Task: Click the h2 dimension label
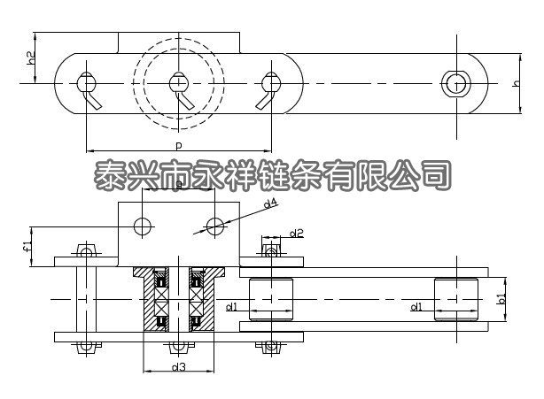coord(31,58)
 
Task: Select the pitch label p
coord(178,145)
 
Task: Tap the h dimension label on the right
coord(517,83)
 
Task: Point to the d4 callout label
coord(270,203)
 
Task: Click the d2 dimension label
coord(296,233)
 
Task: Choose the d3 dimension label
coord(179,367)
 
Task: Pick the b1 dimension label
coord(501,298)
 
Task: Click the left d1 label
coord(231,306)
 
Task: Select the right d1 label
coord(416,306)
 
